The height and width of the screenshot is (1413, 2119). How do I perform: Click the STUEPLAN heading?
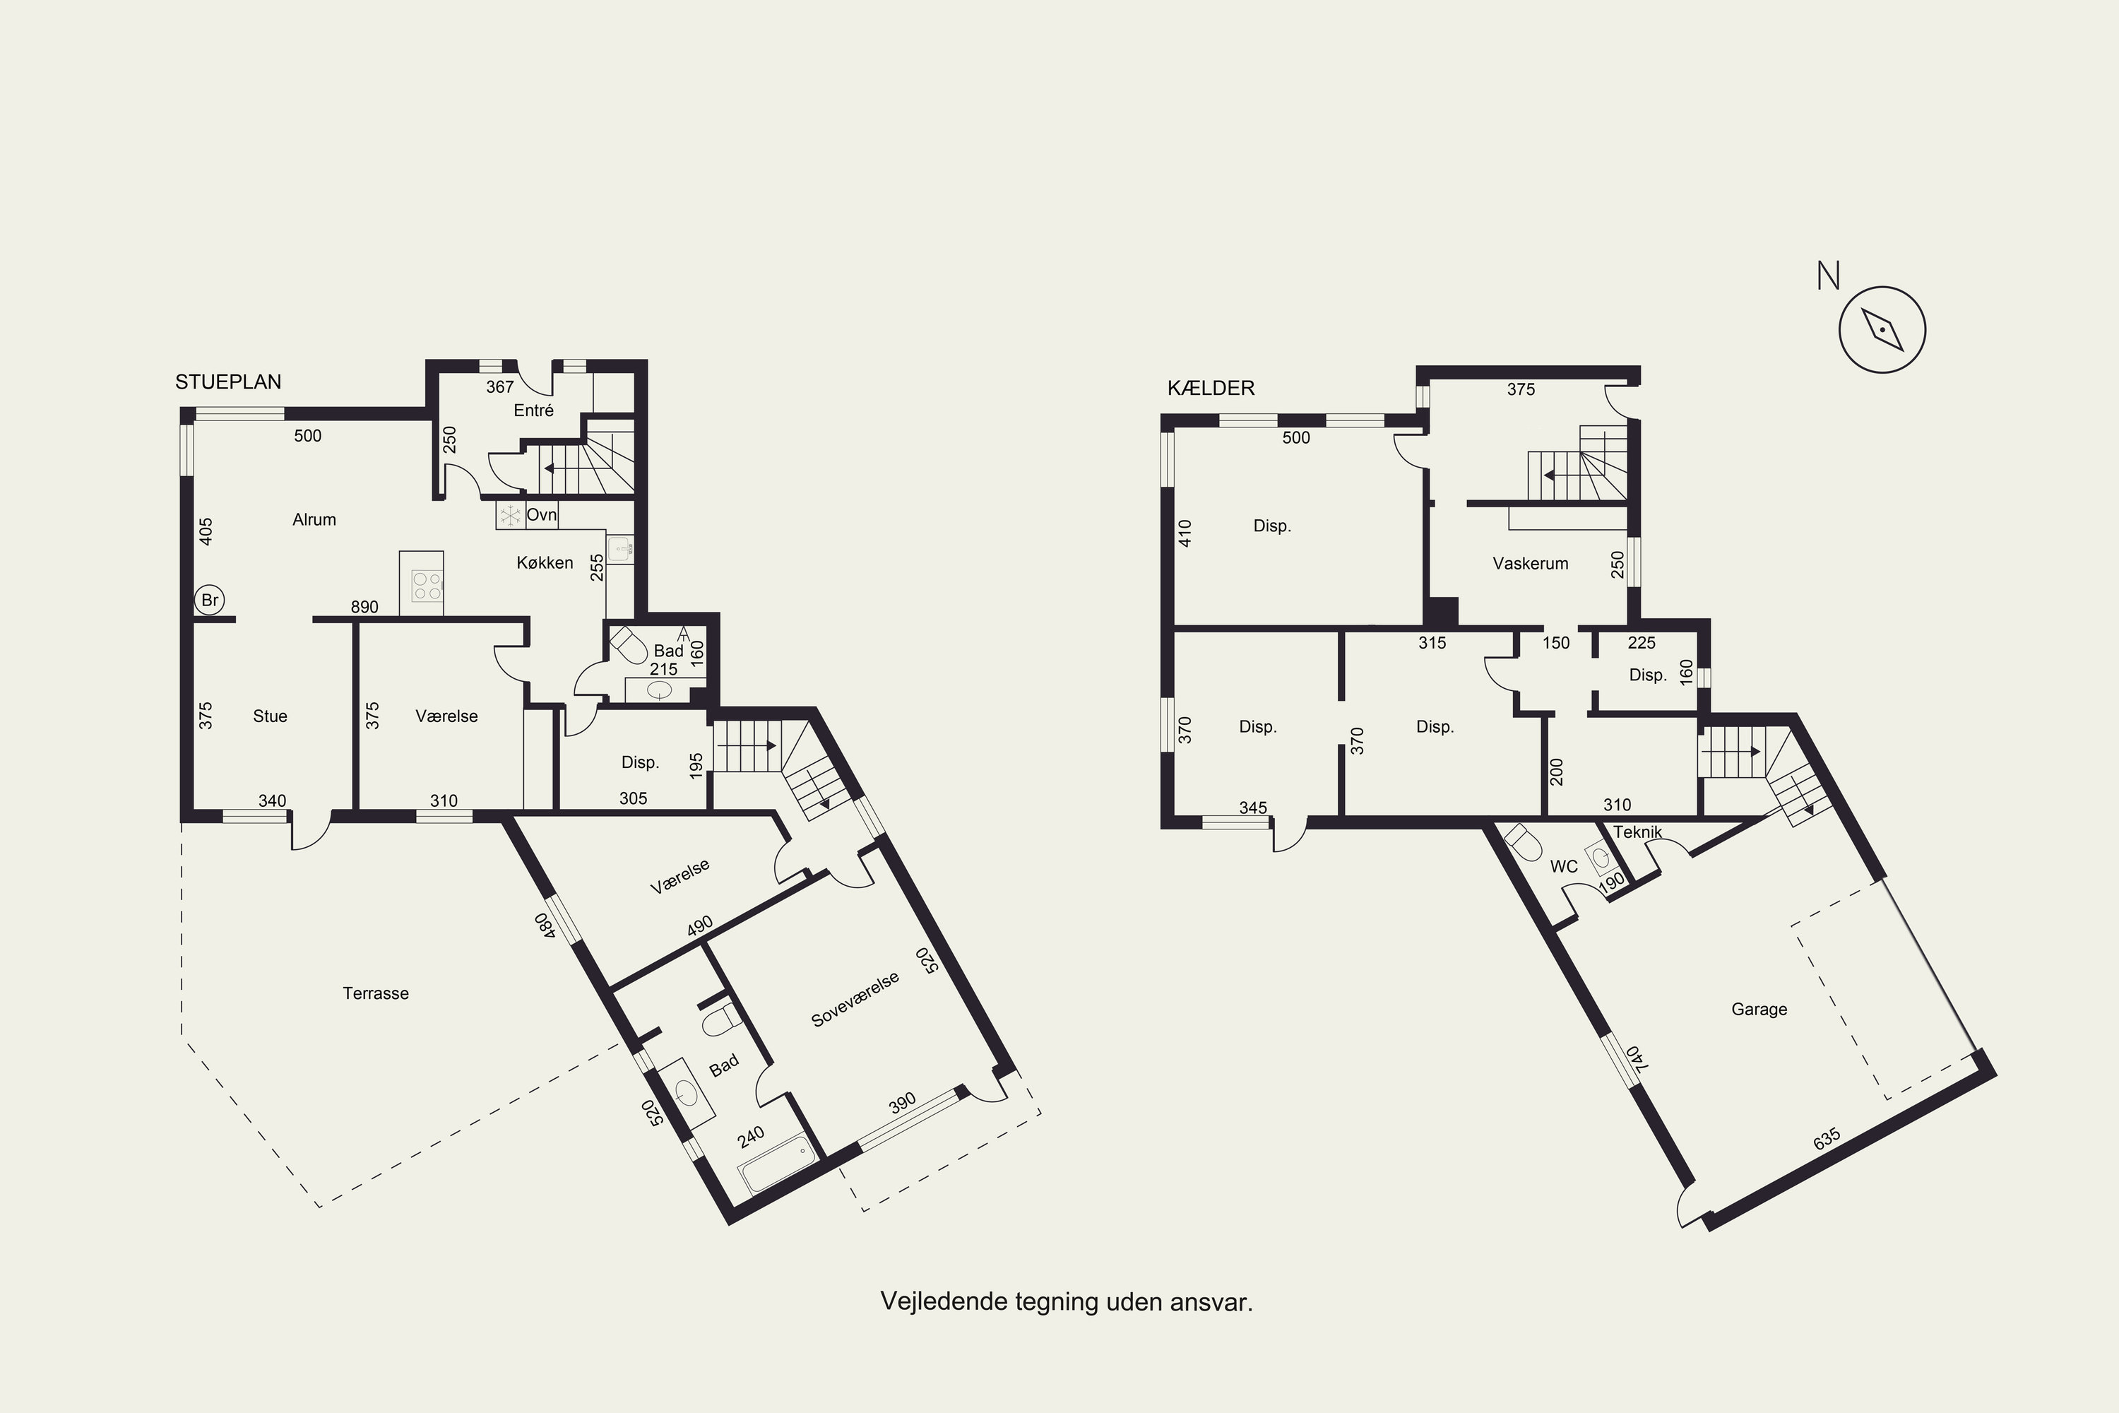point(228,382)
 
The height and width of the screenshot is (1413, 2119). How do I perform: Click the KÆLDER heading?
point(1211,389)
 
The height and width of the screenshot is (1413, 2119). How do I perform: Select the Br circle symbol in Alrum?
point(209,600)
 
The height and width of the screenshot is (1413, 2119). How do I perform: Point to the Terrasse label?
point(376,993)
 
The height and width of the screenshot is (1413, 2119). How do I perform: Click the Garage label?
point(1759,1010)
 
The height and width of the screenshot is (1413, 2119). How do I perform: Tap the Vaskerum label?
point(1531,563)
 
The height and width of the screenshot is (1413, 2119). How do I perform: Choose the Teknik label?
point(1637,832)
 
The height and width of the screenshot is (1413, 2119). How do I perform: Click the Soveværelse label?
point(855,1000)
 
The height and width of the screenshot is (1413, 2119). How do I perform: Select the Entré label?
point(533,410)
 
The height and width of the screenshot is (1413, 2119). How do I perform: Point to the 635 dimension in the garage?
point(1827,1139)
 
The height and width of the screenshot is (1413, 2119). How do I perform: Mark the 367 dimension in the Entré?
point(500,386)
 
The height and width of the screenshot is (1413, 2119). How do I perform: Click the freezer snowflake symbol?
point(511,516)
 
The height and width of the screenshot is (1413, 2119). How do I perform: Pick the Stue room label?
point(271,716)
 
